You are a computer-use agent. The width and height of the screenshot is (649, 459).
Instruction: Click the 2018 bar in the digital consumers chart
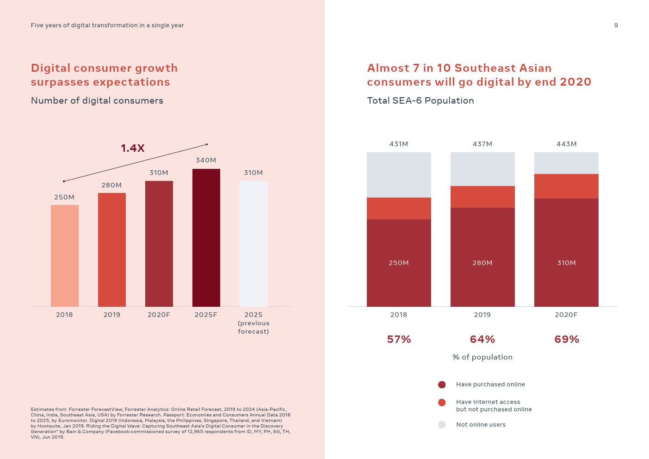tap(65, 255)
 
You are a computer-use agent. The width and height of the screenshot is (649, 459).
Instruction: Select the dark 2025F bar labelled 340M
tap(206, 237)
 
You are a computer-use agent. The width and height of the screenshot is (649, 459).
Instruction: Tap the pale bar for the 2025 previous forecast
tap(253, 243)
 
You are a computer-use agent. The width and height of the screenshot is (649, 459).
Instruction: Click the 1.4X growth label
tap(133, 148)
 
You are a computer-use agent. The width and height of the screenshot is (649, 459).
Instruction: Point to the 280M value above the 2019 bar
tap(111, 185)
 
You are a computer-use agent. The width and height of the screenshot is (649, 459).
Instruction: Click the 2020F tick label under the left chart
tap(159, 315)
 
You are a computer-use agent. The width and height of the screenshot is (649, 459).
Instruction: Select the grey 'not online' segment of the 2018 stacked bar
tap(399, 175)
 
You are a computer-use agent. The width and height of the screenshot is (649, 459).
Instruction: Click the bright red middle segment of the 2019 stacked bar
tap(482, 197)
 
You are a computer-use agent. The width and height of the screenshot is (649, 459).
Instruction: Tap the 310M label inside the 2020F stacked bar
tap(566, 263)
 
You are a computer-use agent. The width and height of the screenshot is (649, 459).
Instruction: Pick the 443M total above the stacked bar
tap(566, 144)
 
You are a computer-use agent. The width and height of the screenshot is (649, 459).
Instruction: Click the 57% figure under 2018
tap(399, 340)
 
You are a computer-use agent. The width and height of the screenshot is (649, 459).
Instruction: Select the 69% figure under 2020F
tap(567, 340)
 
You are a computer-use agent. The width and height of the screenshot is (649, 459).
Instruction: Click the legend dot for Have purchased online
tap(442, 385)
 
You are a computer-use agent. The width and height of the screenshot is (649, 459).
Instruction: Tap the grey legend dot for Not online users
tap(442, 425)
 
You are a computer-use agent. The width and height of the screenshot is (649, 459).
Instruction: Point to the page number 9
tap(616, 25)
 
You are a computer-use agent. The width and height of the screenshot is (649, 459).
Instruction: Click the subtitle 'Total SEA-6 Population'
tap(420, 100)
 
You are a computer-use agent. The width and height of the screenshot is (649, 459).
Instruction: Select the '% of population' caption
tap(482, 357)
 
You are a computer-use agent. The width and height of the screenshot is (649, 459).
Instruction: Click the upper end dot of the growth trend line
tap(207, 144)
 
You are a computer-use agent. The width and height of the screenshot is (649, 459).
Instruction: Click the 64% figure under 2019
tap(482, 340)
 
